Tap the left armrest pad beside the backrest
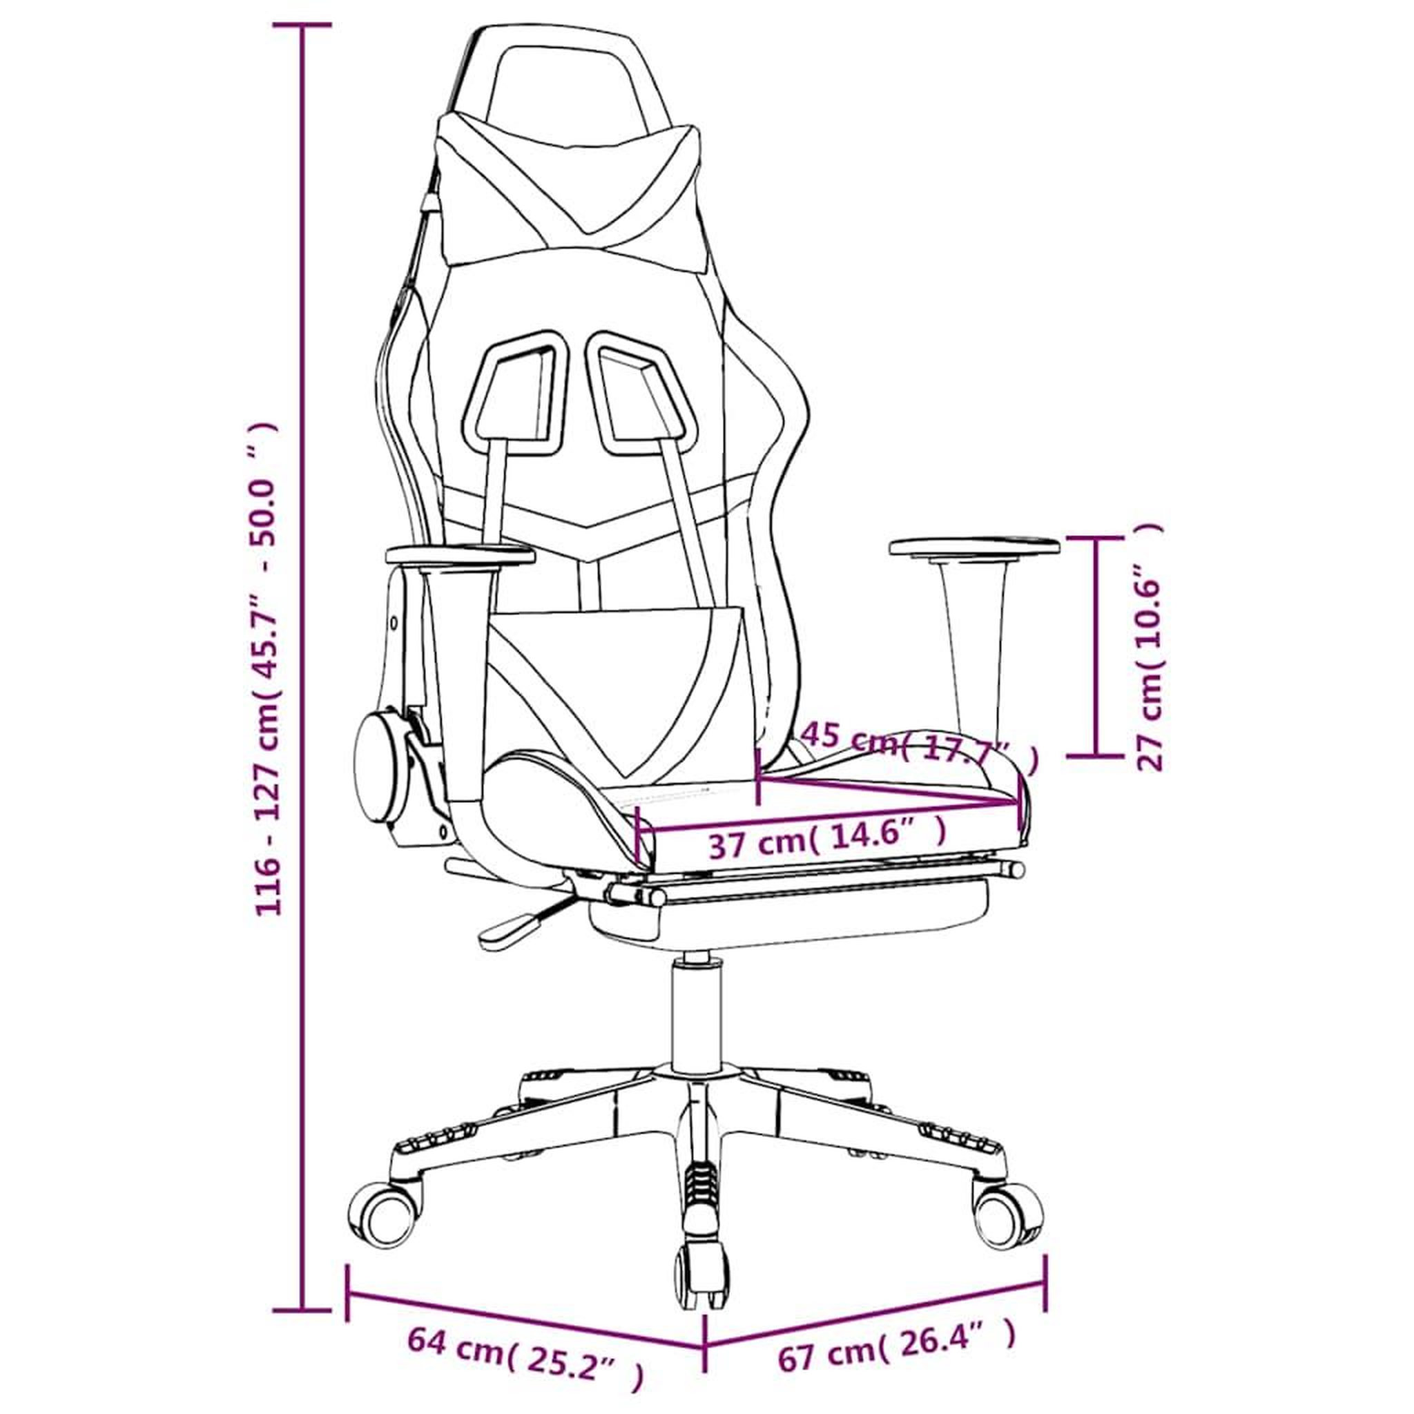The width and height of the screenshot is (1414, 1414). [x=460, y=555]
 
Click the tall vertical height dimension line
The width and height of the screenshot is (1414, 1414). [x=302, y=635]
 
